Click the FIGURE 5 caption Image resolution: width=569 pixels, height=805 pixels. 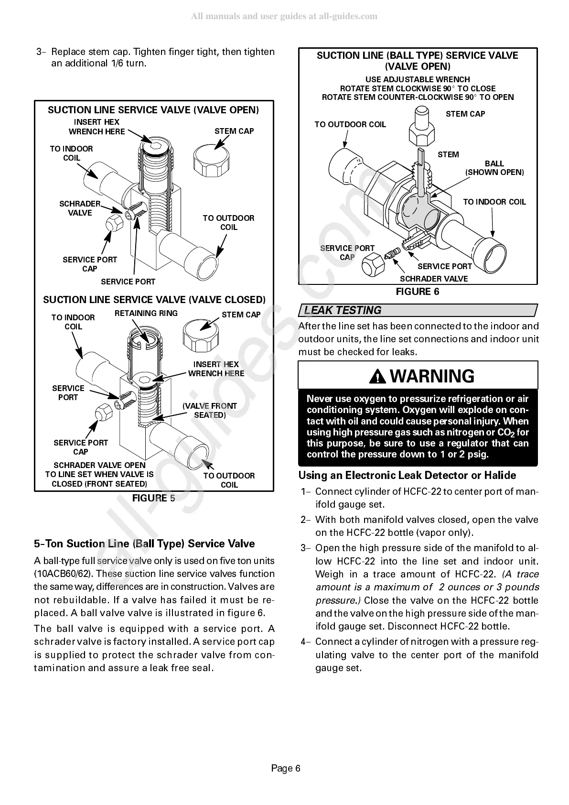pos(153,498)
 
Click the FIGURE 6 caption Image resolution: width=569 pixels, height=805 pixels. pos(418,292)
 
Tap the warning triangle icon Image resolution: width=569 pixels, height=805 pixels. pos(379,377)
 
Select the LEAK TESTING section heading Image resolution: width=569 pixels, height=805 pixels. pos(343,310)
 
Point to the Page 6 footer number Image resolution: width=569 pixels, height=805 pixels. pos(286,768)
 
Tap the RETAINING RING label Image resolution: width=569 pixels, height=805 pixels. pos(146,313)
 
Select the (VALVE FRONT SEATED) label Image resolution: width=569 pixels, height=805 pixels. pos(209,410)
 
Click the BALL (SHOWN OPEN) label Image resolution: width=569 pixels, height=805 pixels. pos(494,168)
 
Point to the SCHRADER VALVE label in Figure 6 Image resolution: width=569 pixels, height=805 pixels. pos(433,279)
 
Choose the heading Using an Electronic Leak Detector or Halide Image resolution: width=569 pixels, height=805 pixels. pos(407,475)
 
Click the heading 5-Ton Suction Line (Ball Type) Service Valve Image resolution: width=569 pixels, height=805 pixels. pos(144,544)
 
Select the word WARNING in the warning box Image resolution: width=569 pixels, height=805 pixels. pos(432,376)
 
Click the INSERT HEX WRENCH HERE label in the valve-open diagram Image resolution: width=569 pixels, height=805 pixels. pos(97,127)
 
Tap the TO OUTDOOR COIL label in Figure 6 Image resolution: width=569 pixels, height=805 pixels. pos(350,124)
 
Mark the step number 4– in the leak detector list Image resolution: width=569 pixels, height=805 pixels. pos(306,642)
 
